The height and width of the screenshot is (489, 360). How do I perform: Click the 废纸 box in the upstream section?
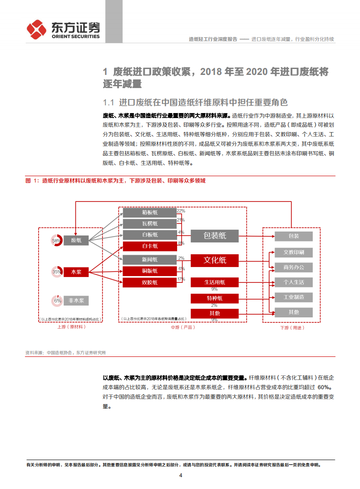click(76, 240)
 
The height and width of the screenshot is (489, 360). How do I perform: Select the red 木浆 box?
click(76, 272)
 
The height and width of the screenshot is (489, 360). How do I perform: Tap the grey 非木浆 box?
click(76, 300)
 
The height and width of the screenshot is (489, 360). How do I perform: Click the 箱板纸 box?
click(149, 212)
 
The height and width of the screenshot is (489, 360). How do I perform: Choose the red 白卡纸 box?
click(149, 246)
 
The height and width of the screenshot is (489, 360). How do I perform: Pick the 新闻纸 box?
click(149, 259)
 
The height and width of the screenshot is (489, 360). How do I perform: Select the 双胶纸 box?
click(149, 282)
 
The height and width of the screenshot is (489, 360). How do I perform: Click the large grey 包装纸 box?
click(214, 235)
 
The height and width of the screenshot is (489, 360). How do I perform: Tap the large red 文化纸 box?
click(214, 260)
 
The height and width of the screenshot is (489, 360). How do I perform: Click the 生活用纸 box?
click(214, 282)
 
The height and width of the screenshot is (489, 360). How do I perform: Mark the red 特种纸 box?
click(214, 298)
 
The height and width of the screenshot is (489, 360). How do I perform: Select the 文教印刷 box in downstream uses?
click(293, 252)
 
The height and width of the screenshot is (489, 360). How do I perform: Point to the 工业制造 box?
click(293, 297)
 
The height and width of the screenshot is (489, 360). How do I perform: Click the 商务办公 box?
click(293, 267)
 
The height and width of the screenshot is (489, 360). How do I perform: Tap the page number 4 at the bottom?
click(180, 475)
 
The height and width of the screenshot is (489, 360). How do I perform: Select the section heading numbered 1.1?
click(195, 102)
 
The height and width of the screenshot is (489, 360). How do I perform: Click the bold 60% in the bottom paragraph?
click(325, 387)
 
